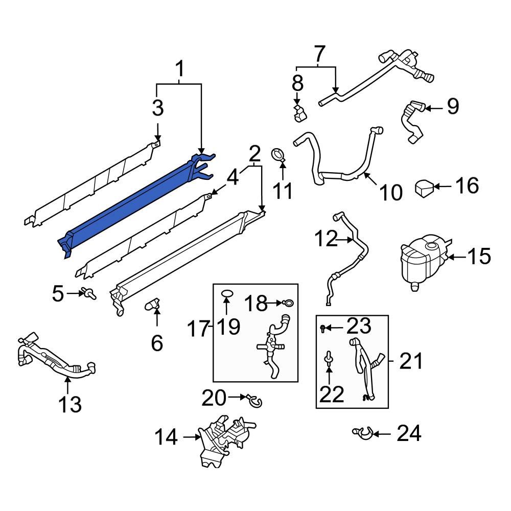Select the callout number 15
pyautogui.click(x=479, y=257)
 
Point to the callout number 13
pyautogui.click(x=69, y=404)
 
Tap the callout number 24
pyautogui.click(x=409, y=434)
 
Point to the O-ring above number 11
pyautogui.click(x=278, y=153)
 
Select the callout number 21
pyautogui.click(x=411, y=362)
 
